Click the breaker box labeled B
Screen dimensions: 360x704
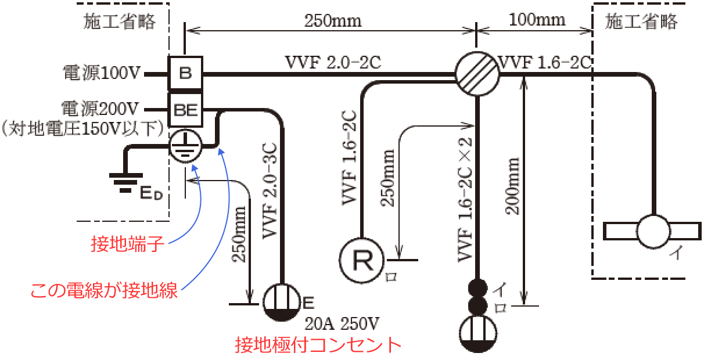185,73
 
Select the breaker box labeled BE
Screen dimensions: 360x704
185,109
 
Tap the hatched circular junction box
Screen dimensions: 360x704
476,74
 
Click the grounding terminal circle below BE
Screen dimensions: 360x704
185,146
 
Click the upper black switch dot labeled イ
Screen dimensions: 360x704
477,287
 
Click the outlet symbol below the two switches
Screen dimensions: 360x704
477,334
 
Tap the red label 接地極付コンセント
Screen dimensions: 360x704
318,345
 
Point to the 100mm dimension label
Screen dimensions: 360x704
537,20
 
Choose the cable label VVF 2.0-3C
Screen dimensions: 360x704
271,192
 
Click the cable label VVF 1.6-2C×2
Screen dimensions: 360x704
463,197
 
